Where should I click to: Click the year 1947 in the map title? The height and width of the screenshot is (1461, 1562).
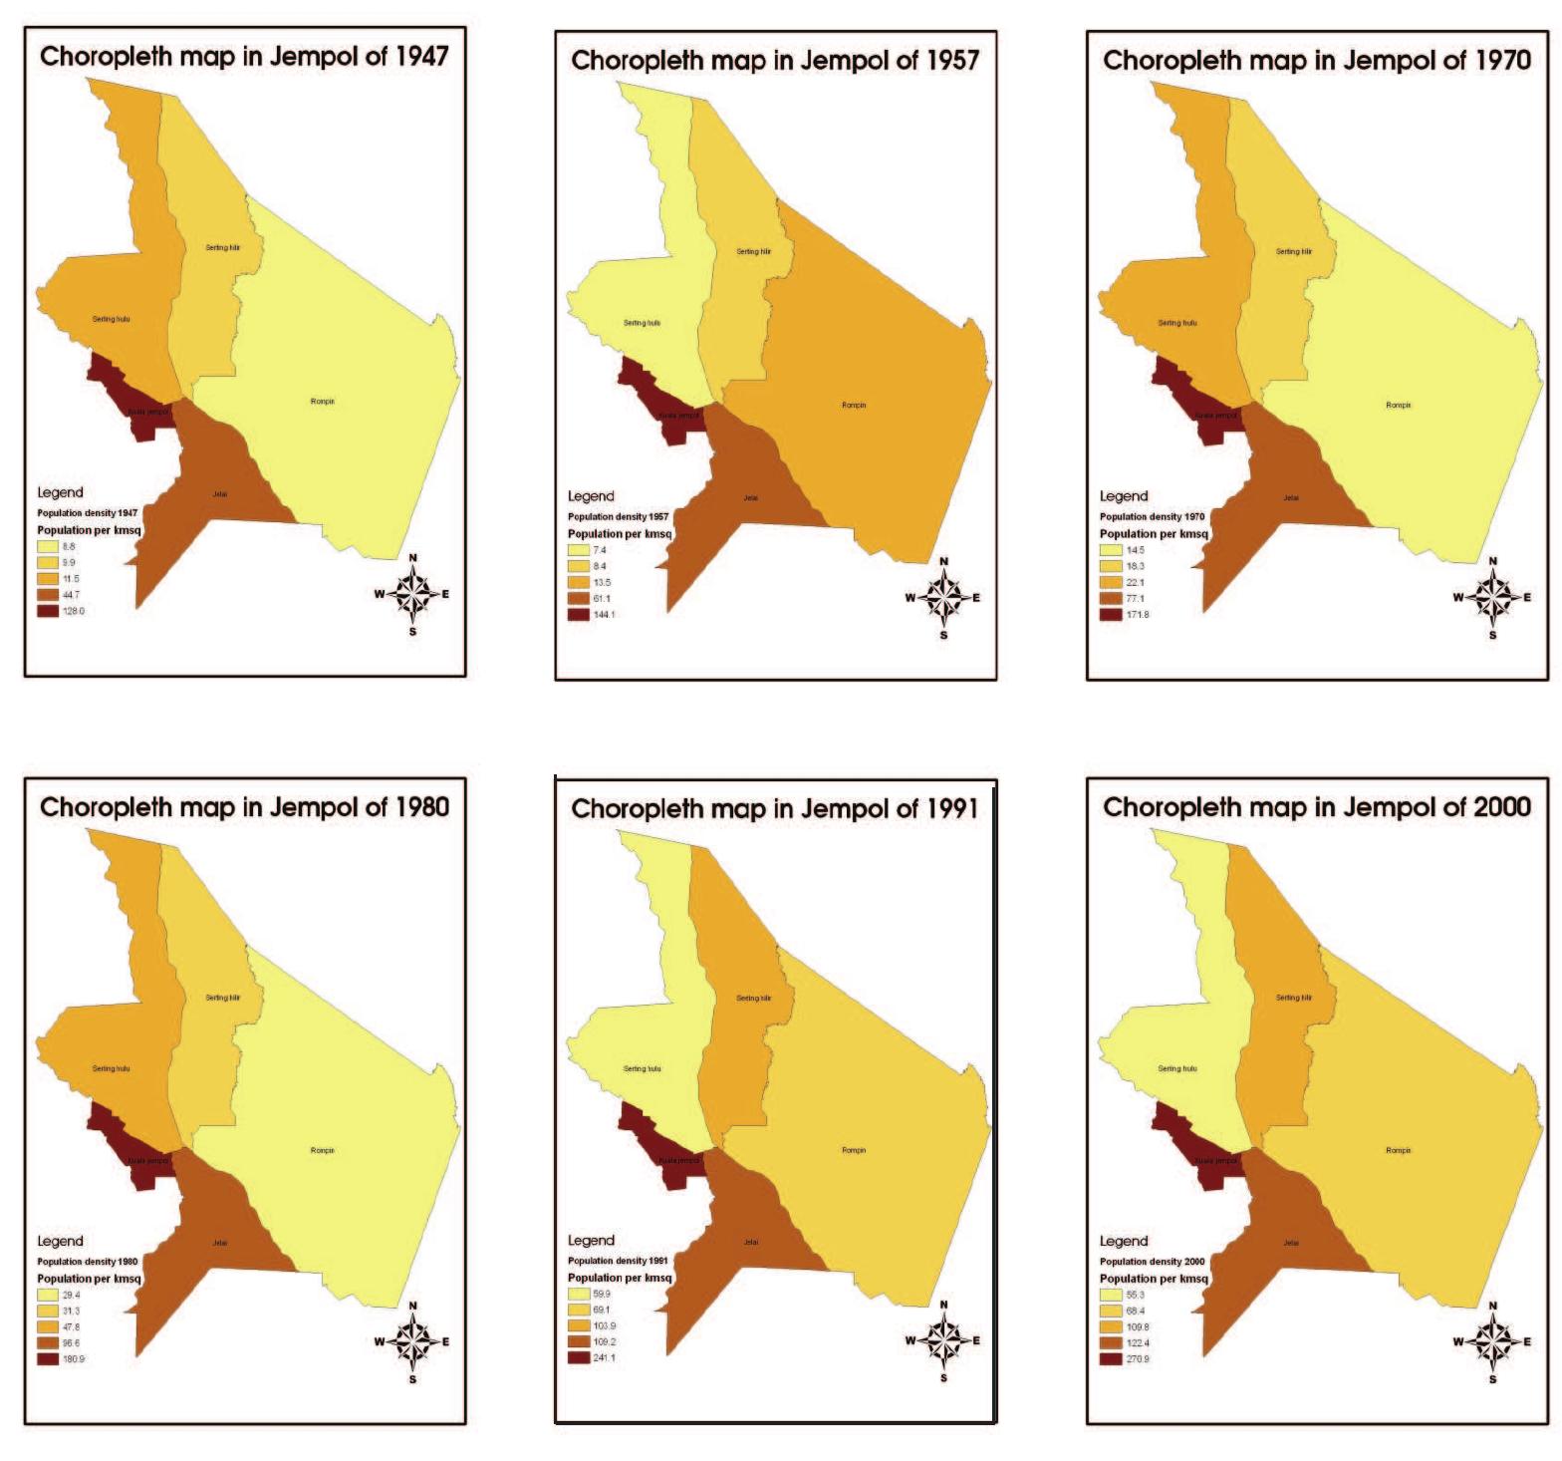[x=421, y=56]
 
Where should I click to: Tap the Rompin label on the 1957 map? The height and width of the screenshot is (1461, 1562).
[x=854, y=406]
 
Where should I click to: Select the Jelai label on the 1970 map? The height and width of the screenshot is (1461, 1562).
[x=1291, y=498]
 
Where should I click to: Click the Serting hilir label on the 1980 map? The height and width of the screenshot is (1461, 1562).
[x=222, y=998]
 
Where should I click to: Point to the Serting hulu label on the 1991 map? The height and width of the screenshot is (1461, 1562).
[x=642, y=1069]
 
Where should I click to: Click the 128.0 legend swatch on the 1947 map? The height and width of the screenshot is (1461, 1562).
[x=48, y=611]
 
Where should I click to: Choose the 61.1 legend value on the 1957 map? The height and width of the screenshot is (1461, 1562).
[x=602, y=599]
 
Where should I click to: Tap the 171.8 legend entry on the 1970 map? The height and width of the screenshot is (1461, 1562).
[x=1137, y=615]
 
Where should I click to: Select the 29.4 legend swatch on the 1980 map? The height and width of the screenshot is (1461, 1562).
[x=48, y=1295]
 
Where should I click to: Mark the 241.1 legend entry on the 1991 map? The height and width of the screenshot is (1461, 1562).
[x=604, y=1357]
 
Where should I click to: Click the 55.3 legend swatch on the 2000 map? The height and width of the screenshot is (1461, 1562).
[x=1111, y=1295]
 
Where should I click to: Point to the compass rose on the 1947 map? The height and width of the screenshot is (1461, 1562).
[x=412, y=595]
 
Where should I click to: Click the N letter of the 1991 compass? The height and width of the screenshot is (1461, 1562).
[x=943, y=1305]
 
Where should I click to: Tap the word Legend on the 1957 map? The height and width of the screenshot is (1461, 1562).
[x=591, y=496]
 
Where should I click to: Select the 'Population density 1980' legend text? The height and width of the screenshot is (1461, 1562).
[x=88, y=1262]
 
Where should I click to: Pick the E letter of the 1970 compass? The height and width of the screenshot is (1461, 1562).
[x=1527, y=598]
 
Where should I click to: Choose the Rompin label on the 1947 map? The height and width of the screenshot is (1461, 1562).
[x=323, y=402]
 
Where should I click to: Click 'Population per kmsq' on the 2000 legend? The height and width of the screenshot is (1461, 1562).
[x=1154, y=1279]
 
